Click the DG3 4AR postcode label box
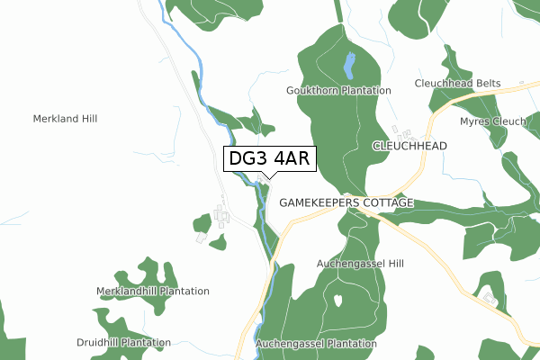click(x=270, y=159)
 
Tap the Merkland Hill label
click(x=65, y=119)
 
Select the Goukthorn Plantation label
click(x=338, y=91)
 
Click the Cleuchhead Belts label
click(x=457, y=84)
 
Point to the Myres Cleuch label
click(x=492, y=121)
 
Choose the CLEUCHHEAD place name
click(x=409, y=146)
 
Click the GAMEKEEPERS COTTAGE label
click(x=346, y=203)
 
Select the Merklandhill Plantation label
click(x=153, y=292)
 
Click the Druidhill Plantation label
click(x=124, y=343)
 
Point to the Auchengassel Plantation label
click(x=316, y=344)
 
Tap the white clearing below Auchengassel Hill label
click(x=337, y=300)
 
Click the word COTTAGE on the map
click(x=388, y=203)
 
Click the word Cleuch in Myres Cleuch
click(x=509, y=121)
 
